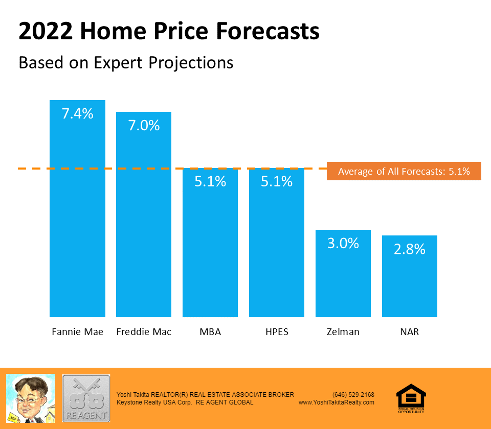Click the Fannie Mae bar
pos(77,214)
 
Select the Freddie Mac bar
pos(144,220)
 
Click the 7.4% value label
pos(77,114)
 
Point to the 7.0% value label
pos(144,126)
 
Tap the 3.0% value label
pos(343,243)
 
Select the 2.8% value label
pos(410,249)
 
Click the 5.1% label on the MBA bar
pos(210,181)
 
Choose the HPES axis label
pos(277,332)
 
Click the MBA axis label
pos(210,332)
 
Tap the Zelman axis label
pos(343,332)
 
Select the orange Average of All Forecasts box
pos(404,172)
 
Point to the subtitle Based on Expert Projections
pos(126,62)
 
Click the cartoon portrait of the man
pos(31,398)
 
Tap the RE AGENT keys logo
pos(86,398)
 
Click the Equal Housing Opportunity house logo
pos(411,397)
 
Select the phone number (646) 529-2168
pos(353,395)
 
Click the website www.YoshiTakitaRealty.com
pos(337,402)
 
